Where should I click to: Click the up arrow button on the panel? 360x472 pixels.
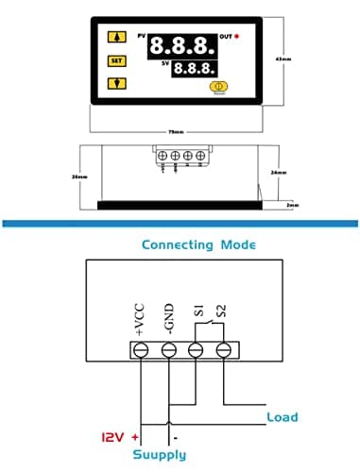[117, 38]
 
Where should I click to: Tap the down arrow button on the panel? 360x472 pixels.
[117, 82]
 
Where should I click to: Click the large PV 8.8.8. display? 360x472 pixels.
[182, 44]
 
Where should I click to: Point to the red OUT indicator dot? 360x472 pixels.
[239, 37]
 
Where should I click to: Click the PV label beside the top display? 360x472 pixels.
[143, 36]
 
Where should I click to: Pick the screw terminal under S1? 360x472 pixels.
[197, 350]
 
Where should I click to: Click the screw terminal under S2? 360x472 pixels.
[224, 350]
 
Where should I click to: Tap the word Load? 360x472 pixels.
[283, 416]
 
